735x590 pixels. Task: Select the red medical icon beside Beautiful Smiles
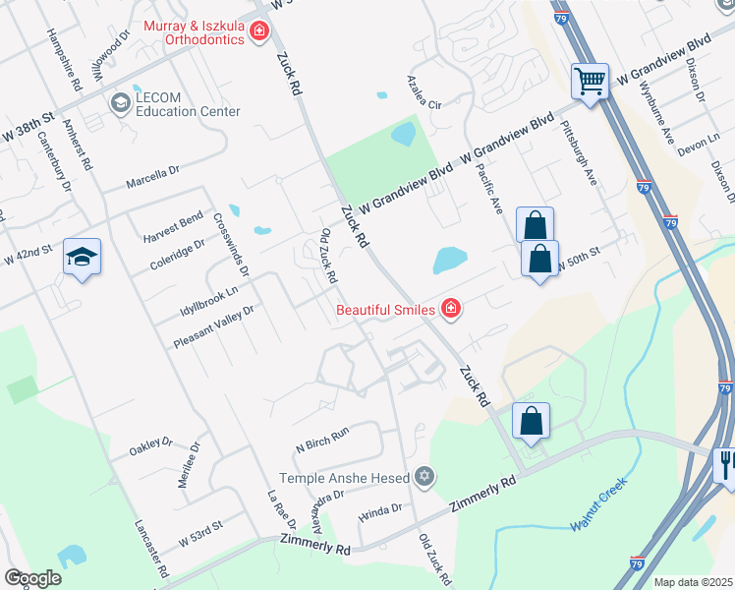pyautogui.click(x=451, y=310)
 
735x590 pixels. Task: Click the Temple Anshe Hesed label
pyautogui.click(x=344, y=478)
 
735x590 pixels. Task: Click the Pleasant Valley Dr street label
pyautogui.click(x=213, y=325)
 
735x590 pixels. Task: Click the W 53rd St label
pyautogui.click(x=201, y=535)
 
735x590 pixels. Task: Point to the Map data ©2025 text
pyautogui.click(x=692, y=582)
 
